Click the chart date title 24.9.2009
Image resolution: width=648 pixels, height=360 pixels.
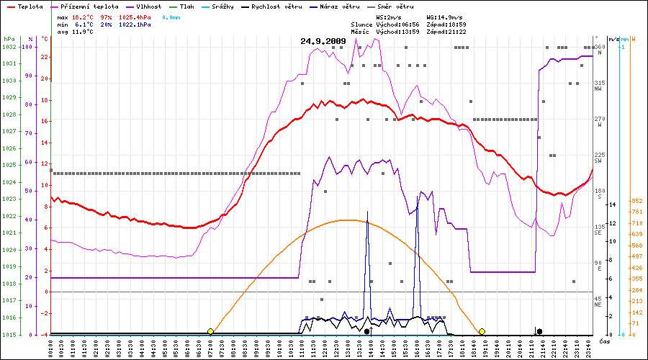(323, 41)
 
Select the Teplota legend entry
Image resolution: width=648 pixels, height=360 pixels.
(26, 6)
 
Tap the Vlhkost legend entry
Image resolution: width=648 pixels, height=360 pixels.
(151, 6)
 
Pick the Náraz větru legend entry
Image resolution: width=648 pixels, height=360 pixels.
(341, 6)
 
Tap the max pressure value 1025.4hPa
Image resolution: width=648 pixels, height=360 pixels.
(135, 16)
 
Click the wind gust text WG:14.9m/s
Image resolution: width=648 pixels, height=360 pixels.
(444, 16)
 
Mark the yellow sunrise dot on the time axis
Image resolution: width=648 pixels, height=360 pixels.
(210, 331)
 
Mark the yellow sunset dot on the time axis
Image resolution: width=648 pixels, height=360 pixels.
(482, 331)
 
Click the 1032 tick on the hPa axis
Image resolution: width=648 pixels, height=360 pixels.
(9, 47)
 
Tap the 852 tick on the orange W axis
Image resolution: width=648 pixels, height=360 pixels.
(636, 201)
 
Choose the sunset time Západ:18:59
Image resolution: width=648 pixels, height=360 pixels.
(444, 24)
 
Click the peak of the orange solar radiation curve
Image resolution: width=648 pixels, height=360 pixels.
(347, 220)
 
